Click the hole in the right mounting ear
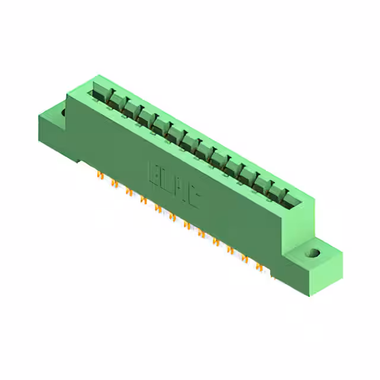point(312,254)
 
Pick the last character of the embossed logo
point(194,197)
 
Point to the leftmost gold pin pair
point(99,176)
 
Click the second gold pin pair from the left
point(113,183)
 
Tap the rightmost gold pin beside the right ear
point(272,275)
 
